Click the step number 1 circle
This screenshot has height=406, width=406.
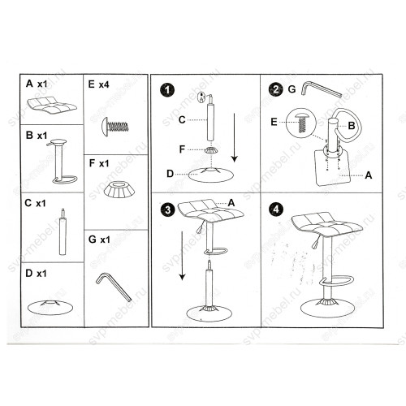click(x=167, y=90)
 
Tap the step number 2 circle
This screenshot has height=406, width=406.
click(x=275, y=89)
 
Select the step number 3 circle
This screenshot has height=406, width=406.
click(x=168, y=209)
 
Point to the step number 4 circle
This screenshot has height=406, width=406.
click(x=276, y=209)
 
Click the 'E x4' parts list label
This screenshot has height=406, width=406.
click(x=98, y=84)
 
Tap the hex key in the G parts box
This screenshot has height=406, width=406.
click(x=114, y=287)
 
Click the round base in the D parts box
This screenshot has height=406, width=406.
click(x=50, y=307)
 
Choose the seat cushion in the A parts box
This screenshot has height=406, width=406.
click(x=52, y=105)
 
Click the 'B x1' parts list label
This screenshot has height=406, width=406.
click(x=37, y=135)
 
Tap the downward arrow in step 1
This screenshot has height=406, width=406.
click(x=235, y=137)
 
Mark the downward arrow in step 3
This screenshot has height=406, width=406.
click(x=183, y=256)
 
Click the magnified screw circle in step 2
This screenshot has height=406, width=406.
click(x=301, y=123)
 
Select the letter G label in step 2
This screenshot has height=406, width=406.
click(x=292, y=89)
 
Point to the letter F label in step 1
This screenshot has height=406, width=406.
click(x=182, y=149)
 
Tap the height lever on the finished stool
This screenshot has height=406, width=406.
click(x=316, y=242)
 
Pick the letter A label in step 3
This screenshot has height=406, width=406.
click(x=231, y=202)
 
